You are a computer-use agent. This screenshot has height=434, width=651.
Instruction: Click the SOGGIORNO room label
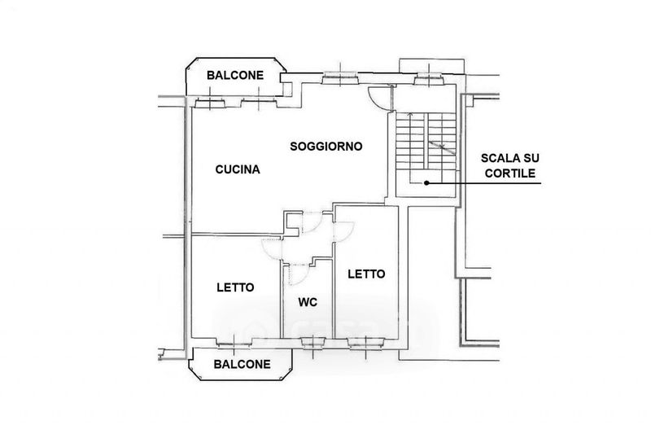tap(325, 147)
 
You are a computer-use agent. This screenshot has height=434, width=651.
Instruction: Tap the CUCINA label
tap(237, 170)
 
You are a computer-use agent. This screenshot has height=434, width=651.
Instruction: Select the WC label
tap(307, 302)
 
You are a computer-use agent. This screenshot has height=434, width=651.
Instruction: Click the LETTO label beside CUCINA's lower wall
tap(235, 287)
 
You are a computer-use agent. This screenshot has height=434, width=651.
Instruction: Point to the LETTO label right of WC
tap(366, 274)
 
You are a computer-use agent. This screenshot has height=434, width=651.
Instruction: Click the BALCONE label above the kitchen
tap(234, 75)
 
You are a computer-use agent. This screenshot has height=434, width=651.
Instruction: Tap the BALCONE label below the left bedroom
tap(241, 365)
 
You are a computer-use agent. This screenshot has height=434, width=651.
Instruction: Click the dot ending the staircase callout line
tap(426, 182)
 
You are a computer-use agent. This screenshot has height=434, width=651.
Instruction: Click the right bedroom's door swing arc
tap(344, 231)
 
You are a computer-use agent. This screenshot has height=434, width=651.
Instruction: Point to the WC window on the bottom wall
tap(312, 342)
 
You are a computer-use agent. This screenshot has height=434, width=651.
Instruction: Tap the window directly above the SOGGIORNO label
tap(335, 79)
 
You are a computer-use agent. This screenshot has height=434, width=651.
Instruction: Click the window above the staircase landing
tap(426, 79)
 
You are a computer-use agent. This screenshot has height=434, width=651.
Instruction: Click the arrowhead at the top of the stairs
tap(412, 117)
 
